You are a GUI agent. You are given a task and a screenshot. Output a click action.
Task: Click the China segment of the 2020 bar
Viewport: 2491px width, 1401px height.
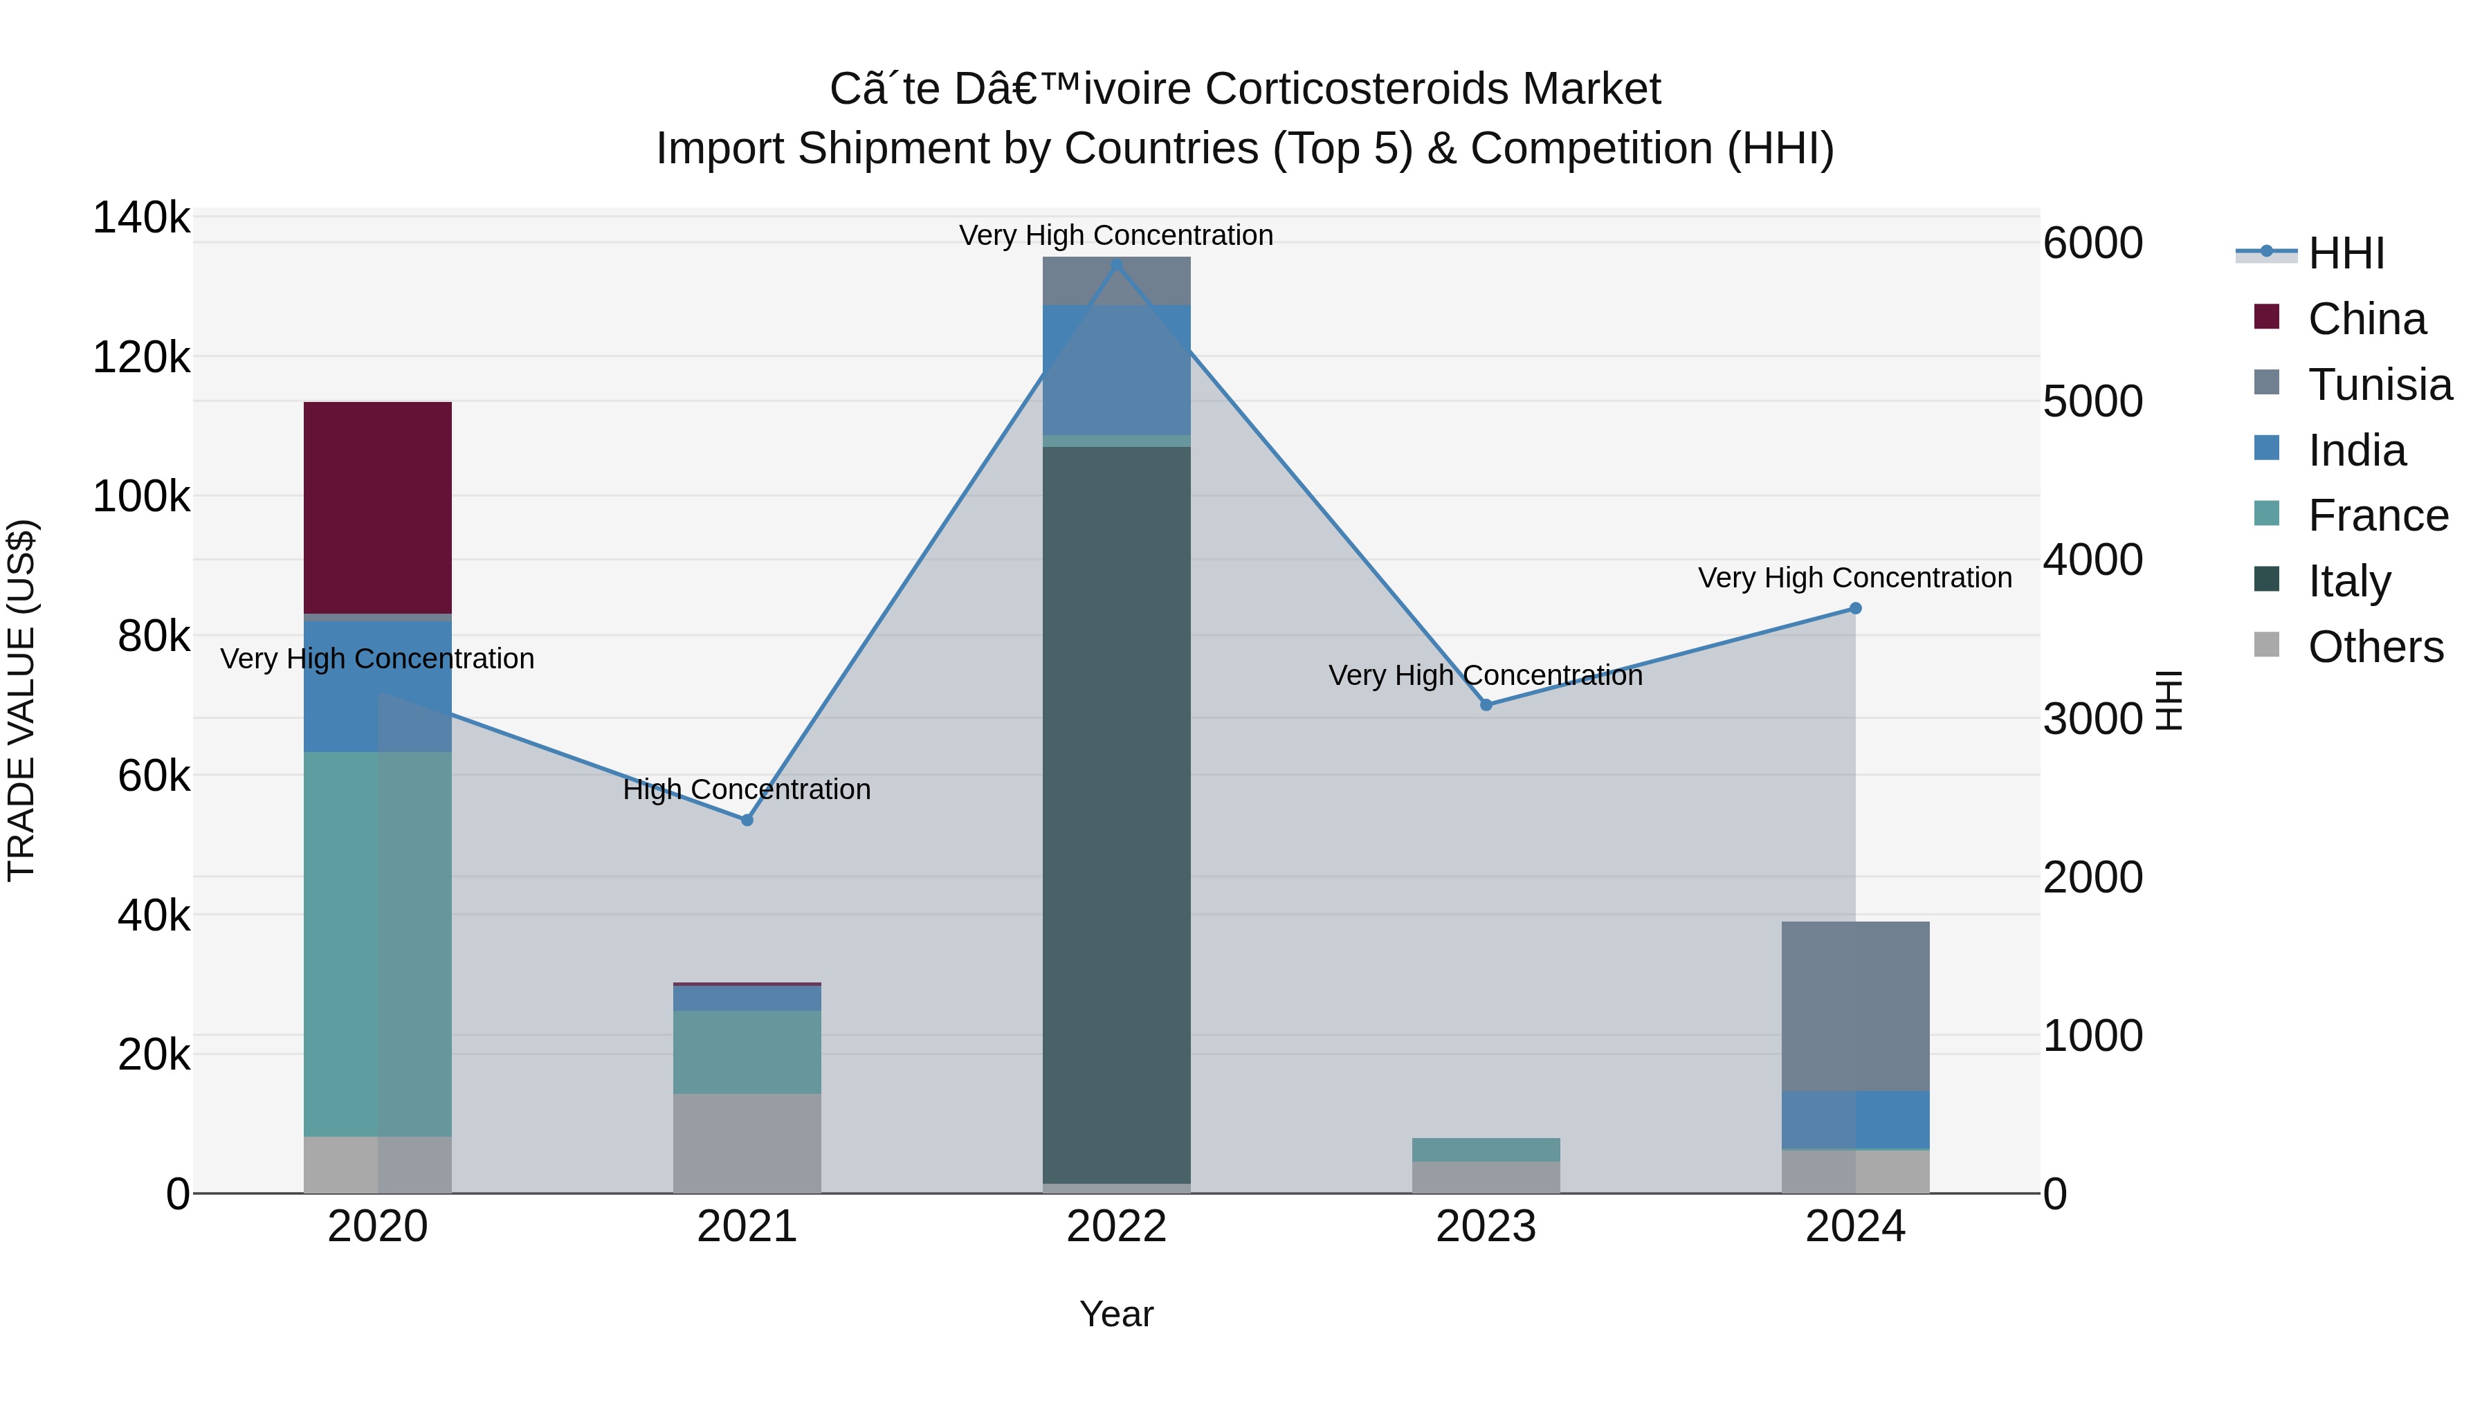[377, 508]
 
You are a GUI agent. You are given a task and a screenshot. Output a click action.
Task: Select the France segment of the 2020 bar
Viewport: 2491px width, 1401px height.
[377, 944]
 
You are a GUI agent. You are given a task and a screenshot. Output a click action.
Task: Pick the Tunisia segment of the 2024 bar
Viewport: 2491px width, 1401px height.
[1854, 1005]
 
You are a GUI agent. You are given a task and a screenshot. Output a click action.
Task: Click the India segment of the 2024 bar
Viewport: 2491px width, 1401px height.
[1854, 1119]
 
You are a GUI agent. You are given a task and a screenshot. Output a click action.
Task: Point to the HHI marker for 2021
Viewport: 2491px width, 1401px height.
[747, 820]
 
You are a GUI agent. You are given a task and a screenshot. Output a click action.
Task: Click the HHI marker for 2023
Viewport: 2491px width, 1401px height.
[1486, 705]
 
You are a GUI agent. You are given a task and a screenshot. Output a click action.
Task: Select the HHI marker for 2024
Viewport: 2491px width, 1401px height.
[1854, 608]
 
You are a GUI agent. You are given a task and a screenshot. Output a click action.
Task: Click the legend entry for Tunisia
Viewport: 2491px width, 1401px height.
[2379, 385]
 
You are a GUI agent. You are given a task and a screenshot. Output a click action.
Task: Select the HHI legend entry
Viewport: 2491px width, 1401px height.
[2345, 253]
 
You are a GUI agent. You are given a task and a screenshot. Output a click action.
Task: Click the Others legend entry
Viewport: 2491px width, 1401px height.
[2375, 647]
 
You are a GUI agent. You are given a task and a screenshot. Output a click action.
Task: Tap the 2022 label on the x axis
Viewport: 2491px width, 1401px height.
[1116, 1227]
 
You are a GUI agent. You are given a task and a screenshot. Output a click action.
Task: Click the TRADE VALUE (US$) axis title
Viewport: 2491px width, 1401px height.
[21, 700]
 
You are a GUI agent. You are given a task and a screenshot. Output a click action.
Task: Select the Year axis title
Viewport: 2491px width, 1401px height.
[1116, 1314]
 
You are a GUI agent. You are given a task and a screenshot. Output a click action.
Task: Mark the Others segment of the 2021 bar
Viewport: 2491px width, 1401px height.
[747, 1143]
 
